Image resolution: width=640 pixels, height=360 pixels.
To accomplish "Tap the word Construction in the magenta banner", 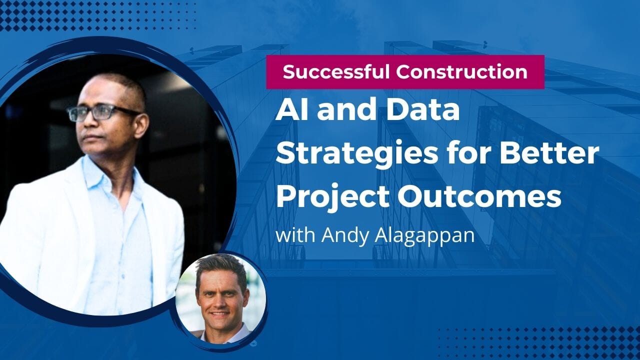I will pos(462,72).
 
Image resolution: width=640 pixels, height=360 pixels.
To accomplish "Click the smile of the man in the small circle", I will pos(220,314).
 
